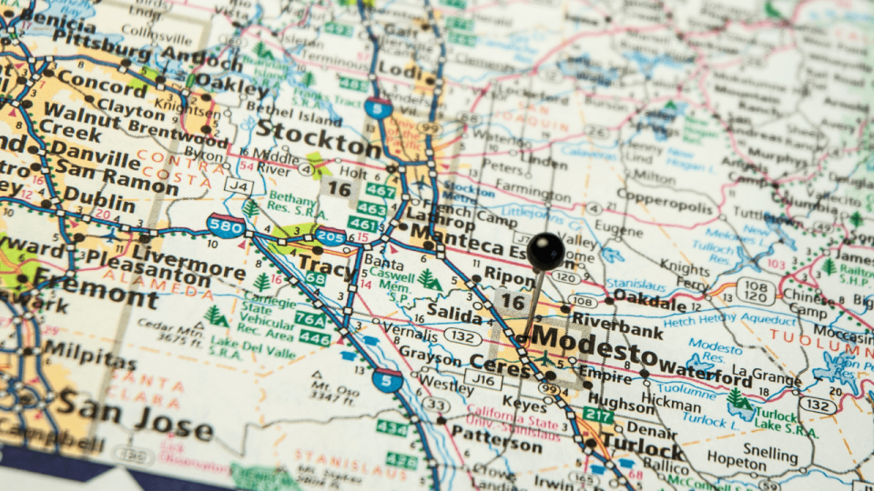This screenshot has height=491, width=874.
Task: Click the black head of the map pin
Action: [545, 251]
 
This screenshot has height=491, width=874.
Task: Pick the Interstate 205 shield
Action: [331, 238]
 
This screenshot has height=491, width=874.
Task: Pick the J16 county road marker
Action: [483, 376]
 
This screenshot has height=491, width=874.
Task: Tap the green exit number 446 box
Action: [315, 339]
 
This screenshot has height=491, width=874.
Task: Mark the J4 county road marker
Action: [239, 186]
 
